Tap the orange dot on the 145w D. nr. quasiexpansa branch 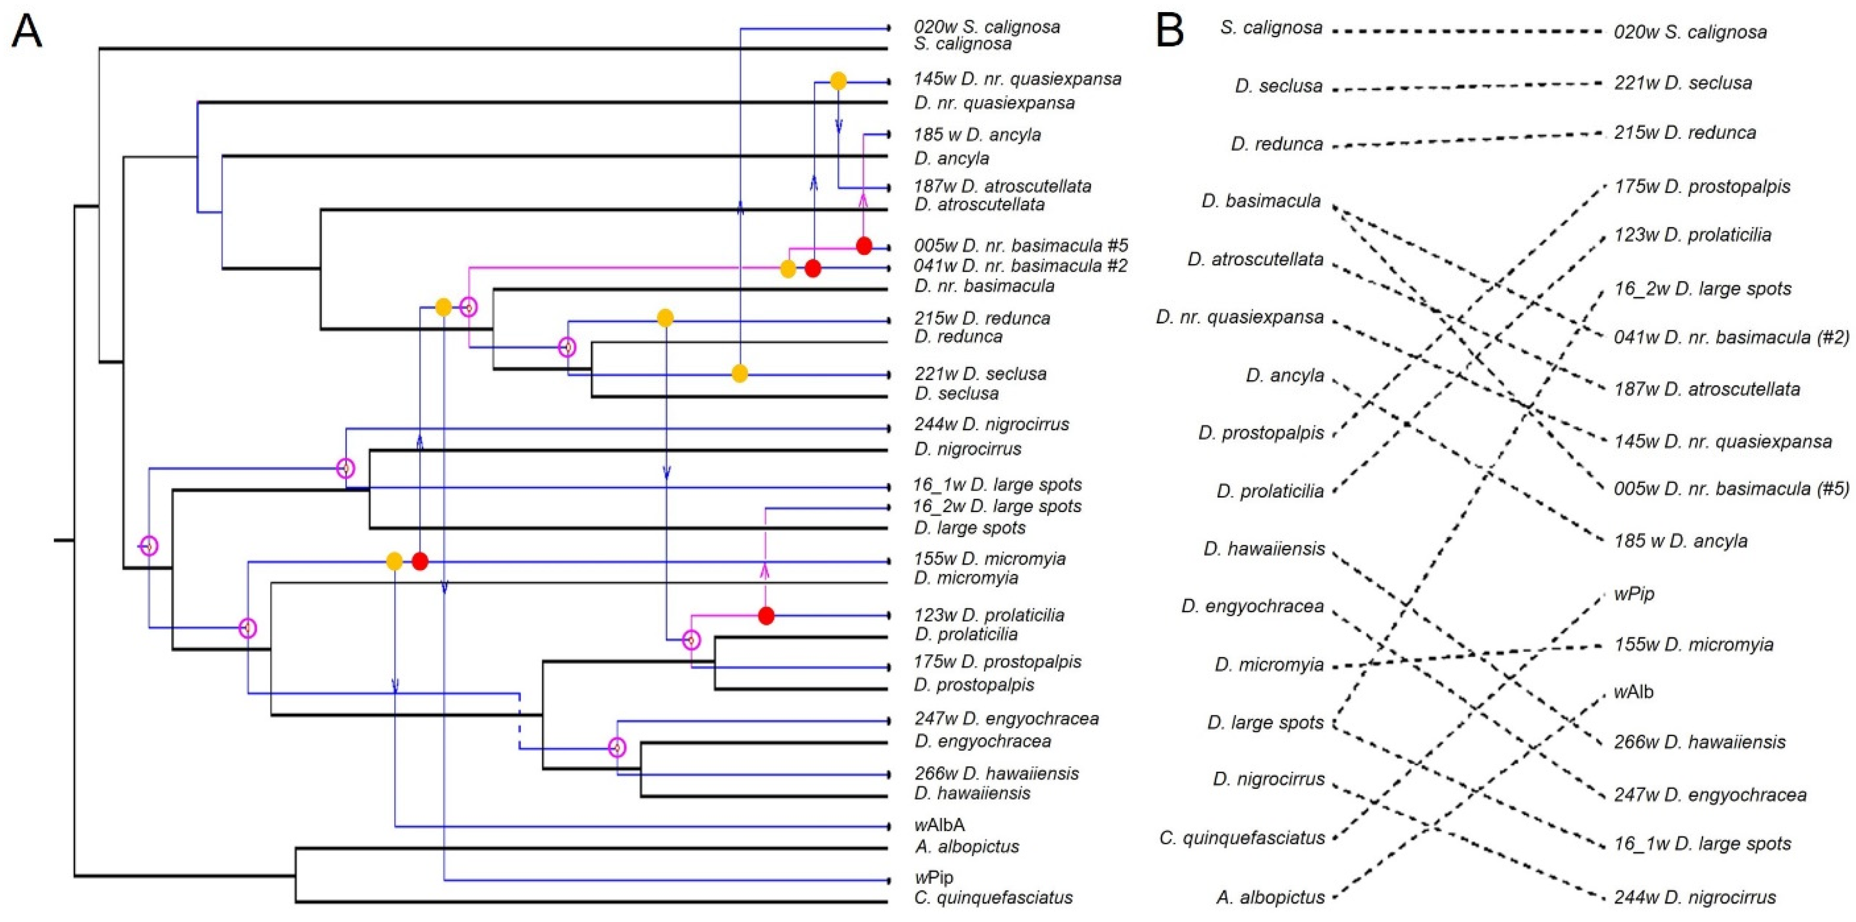pyautogui.click(x=838, y=81)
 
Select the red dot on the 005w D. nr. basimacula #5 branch pyautogui.click(x=864, y=246)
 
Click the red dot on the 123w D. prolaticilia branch pyautogui.click(x=766, y=616)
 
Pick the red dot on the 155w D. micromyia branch pyautogui.click(x=420, y=561)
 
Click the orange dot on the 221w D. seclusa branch pyautogui.click(x=739, y=373)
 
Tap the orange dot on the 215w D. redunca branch pyautogui.click(x=665, y=318)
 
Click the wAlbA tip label pyautogui.click(x=939, y=825)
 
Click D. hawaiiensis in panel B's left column pyautogui.click(x=1264, y=549)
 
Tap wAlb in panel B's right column pyautogui.click(x=1633, y=692)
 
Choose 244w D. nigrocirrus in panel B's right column pyautogui.click(x=1694, y=897)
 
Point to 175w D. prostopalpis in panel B pyautogui.click(x=1702, y=187)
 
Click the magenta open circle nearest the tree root pyautogui.click(x=148, y=545)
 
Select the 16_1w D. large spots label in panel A pyautogui.click(x=997, y=485)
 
